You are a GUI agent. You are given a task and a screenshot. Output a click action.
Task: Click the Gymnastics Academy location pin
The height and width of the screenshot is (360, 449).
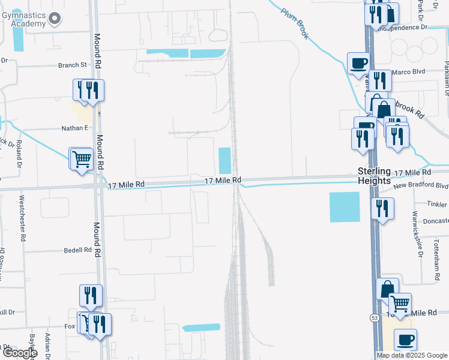point(55,18)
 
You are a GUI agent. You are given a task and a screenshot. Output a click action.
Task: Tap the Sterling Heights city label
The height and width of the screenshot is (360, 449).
point(374,175)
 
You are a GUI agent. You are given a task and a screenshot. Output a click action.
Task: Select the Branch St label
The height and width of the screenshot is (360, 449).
point(73,65)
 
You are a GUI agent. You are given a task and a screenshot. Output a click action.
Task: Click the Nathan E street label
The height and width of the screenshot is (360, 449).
point(75,128)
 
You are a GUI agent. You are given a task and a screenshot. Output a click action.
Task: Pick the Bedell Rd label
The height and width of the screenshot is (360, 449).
point(78,250)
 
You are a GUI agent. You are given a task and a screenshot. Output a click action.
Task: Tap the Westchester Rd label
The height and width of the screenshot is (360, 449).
point(23,218)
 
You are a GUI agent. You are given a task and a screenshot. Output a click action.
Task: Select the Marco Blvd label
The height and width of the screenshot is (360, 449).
point(408,73)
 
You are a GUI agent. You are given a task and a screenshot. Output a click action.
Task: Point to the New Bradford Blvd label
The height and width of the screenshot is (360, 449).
point(421,185)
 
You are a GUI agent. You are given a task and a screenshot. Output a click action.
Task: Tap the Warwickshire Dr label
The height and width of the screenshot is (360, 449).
point(415,231)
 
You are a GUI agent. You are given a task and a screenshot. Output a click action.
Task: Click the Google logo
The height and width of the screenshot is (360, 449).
point(19,353)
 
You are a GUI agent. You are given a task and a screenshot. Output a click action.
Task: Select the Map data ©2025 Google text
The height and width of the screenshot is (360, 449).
point(412,355)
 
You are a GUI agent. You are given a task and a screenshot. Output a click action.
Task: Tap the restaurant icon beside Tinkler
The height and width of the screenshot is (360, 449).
point(382,209)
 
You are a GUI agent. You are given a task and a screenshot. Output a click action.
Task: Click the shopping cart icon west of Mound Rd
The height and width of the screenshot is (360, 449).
point(81,159)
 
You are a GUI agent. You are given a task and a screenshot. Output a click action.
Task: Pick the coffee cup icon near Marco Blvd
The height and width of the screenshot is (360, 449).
point(359,62)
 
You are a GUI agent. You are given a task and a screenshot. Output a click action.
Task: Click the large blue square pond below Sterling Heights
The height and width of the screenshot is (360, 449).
point(345,207)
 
